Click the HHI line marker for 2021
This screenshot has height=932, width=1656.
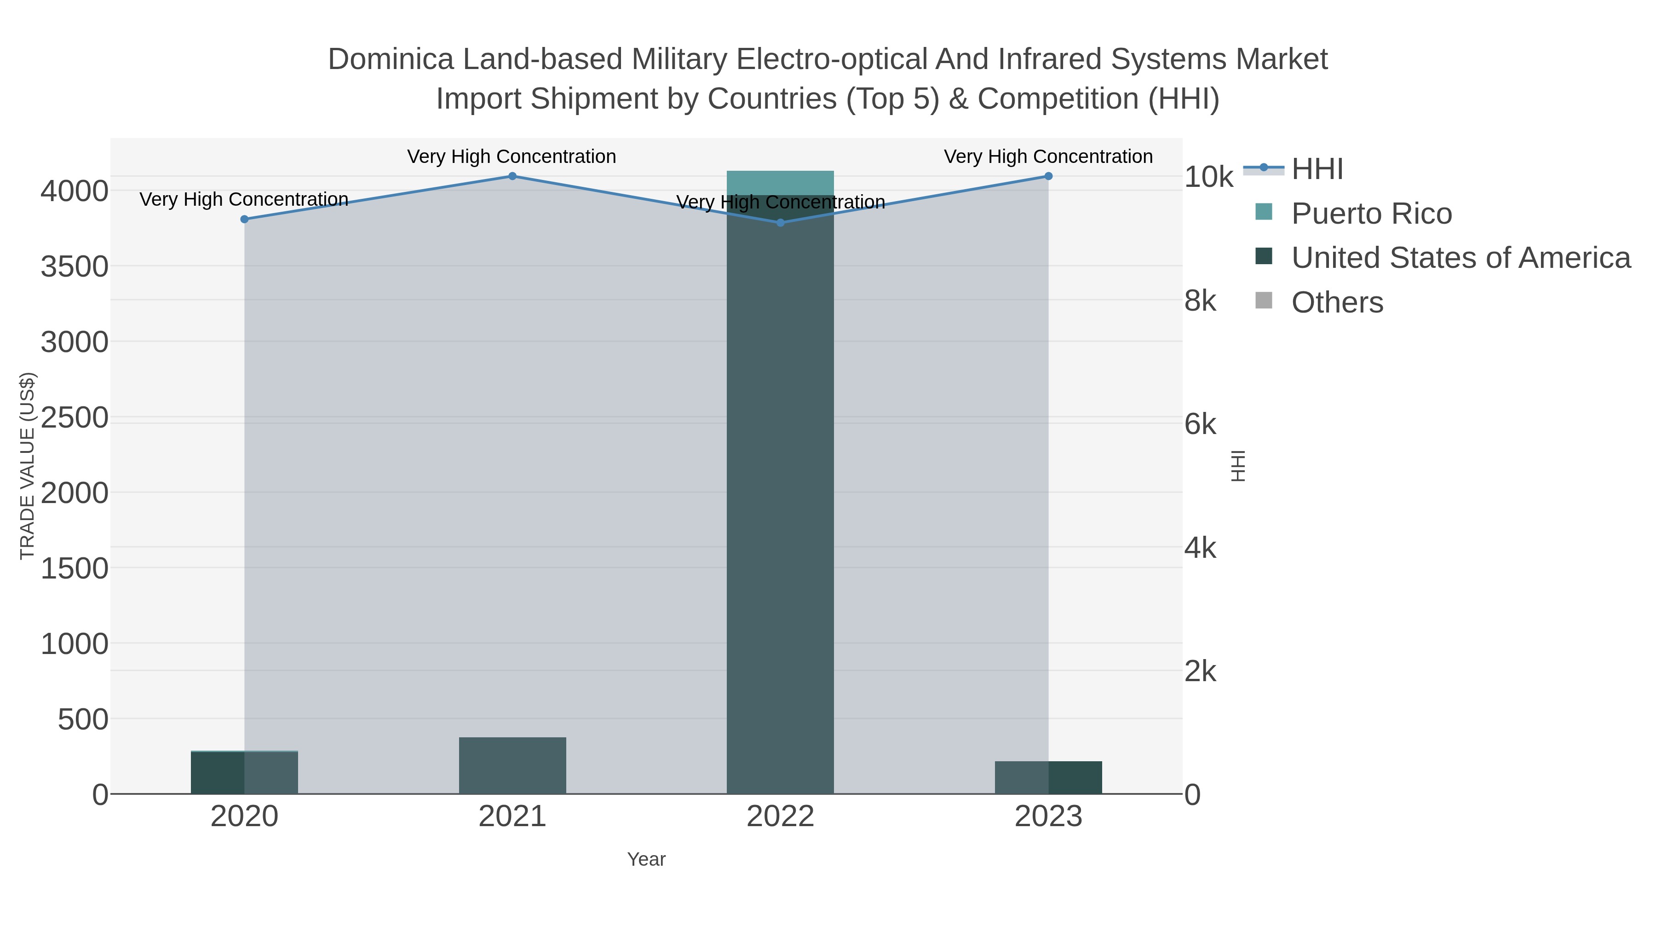click(512, 176)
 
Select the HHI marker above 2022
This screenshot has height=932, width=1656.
click(781, 223)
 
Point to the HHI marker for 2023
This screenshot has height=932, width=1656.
click(1048, 176)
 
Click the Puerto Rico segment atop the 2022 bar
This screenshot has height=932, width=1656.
click(781, 183)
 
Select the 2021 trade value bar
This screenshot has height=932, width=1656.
click(512, 765)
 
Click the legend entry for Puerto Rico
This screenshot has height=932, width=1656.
click(1371, 214)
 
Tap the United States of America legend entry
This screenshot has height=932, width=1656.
click(1460, 258)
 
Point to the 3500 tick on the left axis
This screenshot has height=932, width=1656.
click(75, 267)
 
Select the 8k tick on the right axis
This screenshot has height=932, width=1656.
click(1200, 301)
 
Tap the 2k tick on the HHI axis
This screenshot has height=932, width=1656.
click(1200, 672)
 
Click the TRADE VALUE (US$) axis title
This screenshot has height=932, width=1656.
click(28, 466)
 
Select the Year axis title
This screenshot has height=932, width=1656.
click(646, 859)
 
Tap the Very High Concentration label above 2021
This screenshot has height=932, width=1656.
click(512, 157)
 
